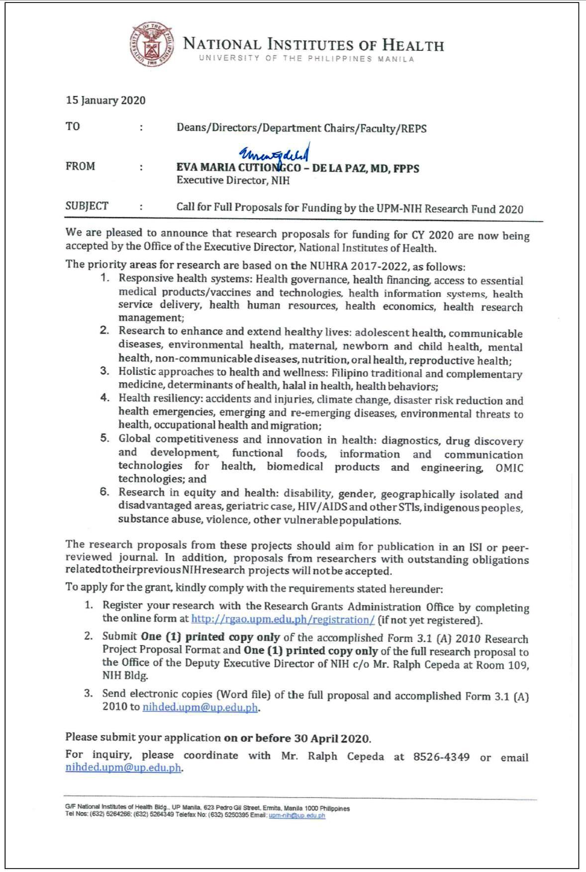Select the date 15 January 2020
(x=105, y=100)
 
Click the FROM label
(x=80, y=167)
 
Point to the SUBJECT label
(x=87, y=206)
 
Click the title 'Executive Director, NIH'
(x=233, y=180)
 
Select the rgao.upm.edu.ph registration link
(x=283, y=620)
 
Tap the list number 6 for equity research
(x=104, y=492)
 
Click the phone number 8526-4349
(x=441, y=757)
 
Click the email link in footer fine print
(x=296, y=816)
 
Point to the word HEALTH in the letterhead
(x=413, y=46)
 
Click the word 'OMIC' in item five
(x=509, y=468)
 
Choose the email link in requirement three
(x=200, y=707)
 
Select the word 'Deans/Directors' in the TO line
(x=217, y=128)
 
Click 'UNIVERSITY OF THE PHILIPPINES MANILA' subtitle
(x=306, y=59)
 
